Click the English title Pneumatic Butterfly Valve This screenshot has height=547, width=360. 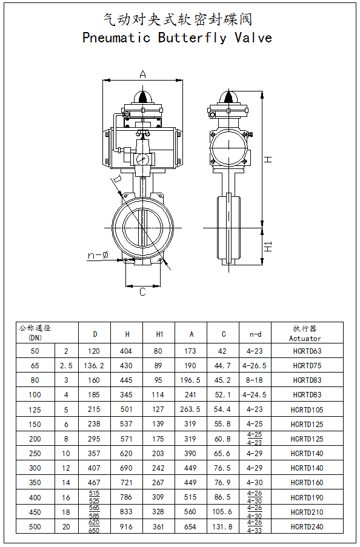pos(177,38)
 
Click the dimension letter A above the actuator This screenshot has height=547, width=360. pos(142,74)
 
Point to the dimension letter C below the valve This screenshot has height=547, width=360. pos(142,291)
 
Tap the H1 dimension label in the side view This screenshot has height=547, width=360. pos(268,247)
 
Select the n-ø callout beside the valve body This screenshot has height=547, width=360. pos(98,256)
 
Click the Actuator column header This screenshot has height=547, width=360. pos(305,339)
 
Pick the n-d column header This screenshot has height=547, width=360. pos(255,334)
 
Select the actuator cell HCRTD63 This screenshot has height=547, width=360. pos(307,351)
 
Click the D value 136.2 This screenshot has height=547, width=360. pos(94,366)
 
